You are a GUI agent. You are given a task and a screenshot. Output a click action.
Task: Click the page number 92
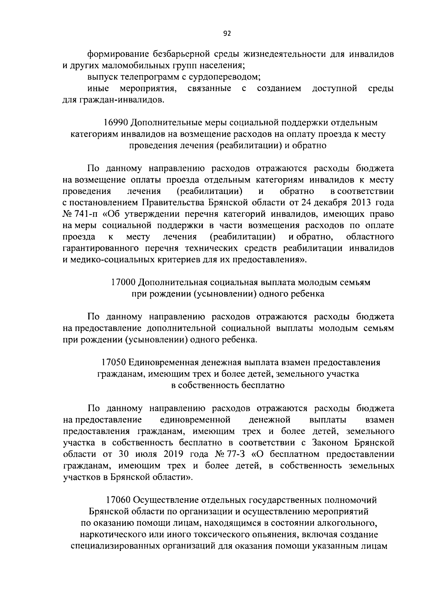(x=227, y=34)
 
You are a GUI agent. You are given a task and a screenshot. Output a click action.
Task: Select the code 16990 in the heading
(x=116, y=123)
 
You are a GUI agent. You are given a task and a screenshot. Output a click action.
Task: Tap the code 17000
(x=123, y=282)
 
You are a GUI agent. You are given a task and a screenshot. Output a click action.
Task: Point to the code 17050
(x=113, y=363)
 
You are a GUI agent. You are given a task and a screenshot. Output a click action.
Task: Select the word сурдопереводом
(x=223, y=77)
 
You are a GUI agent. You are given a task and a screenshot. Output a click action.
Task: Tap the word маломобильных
(x=148, y=65)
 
